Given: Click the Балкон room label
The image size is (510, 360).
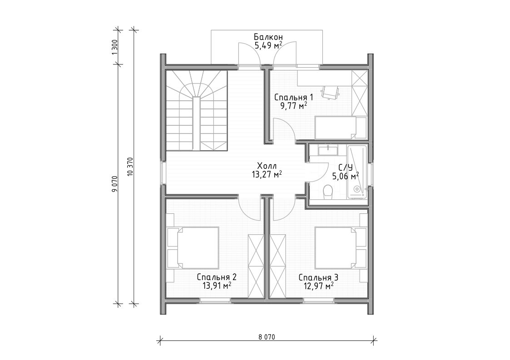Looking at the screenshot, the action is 268,37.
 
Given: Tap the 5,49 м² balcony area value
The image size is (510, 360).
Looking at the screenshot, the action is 268,45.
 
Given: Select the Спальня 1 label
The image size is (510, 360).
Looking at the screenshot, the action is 294,97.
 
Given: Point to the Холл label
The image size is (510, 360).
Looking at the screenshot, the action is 267,166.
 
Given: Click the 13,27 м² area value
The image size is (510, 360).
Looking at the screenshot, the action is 267,175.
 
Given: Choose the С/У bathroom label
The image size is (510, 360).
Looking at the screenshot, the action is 346,168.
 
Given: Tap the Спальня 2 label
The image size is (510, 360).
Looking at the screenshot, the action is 217,277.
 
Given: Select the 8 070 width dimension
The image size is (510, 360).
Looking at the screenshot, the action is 267,337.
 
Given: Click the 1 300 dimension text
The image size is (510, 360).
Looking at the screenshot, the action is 114,47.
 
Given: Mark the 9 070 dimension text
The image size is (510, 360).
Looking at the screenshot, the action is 114,184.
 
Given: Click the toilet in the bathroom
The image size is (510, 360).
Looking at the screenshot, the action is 328,191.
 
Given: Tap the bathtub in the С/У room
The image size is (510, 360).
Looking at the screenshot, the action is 357,172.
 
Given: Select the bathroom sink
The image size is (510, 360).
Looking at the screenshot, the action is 328,150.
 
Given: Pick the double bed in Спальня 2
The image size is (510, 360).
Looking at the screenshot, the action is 193,248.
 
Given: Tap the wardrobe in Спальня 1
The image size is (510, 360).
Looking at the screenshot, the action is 360,93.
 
